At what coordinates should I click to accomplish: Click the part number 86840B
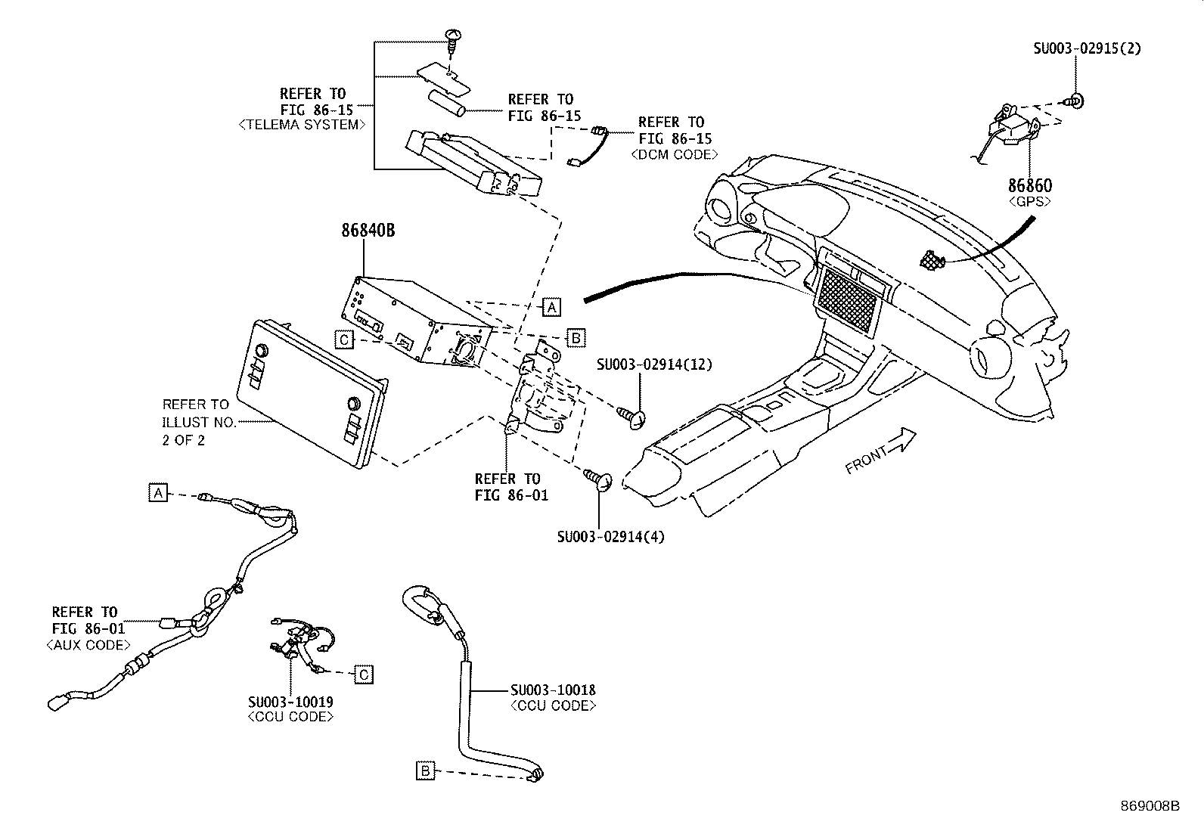367,231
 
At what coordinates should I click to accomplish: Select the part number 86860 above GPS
1029,185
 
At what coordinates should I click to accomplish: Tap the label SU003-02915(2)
1087,48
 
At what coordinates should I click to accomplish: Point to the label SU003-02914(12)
653,364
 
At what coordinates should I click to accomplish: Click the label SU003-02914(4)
611,537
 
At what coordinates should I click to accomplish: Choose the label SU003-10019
290,702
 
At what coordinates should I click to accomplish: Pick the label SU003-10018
552,690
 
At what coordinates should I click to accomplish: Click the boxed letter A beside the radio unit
552,306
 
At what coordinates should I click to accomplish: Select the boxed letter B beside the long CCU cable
426,771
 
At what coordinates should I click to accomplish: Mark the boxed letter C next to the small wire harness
364,674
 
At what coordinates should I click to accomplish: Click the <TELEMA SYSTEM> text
302,126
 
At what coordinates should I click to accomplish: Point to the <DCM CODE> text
674,154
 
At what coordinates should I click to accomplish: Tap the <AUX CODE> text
88,645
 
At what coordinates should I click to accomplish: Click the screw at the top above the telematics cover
452,39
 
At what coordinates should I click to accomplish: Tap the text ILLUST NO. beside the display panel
200,422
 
